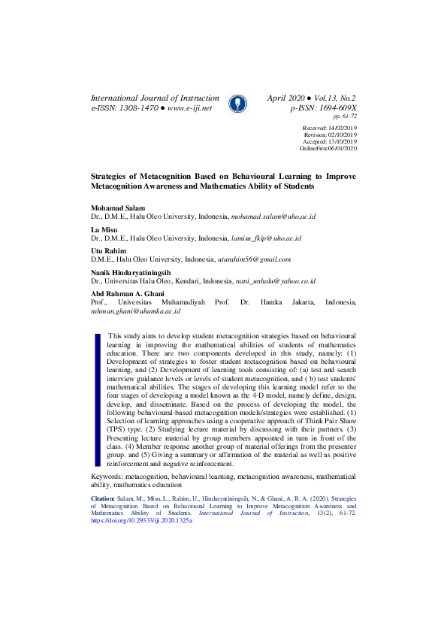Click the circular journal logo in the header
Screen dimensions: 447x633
(x=235, y=104)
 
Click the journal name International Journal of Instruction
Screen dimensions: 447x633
(x=155, y=98)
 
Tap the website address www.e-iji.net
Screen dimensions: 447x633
(x=190, y=108)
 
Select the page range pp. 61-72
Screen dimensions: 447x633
(x=344, y=117)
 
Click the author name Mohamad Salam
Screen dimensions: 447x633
(x=118, y=207)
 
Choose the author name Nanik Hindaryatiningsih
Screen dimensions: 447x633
(x=131, y=272)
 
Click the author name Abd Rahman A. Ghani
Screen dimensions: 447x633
(x=128, y=293)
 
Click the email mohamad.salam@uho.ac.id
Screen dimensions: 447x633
(x=273, y=217)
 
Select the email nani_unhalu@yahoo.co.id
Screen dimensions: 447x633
(x=274, y=281)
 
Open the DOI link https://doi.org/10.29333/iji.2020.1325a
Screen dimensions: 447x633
(x=140, y=520)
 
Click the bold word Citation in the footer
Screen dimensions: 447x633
(x=103, y=498)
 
